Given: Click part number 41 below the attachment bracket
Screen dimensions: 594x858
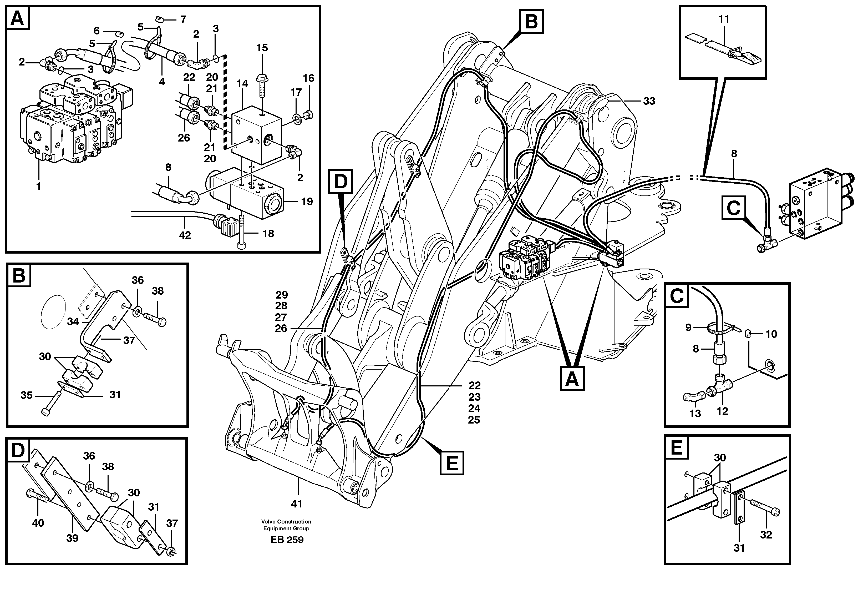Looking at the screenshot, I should (x=296, y=504).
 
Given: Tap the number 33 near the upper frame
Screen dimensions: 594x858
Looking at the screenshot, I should (x=649, y=101).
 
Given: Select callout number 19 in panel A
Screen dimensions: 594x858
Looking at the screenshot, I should (x=307, y=202).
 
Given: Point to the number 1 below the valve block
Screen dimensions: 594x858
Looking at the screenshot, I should (x=38, y=186).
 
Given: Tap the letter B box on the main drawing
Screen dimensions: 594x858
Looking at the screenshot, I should (x=531, y=22).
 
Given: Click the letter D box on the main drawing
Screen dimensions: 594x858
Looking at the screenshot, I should (x=340, y=181).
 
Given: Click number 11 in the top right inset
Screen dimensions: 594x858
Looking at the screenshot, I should (x=724, y=19).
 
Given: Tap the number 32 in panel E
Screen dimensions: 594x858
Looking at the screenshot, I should (x=766, y=535).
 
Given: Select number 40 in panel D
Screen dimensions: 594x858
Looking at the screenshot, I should (x=38, y=523).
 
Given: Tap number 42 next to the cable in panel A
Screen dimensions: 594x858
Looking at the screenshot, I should (x=185, y=235).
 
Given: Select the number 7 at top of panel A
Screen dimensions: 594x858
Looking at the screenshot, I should (x=183, y=19).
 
